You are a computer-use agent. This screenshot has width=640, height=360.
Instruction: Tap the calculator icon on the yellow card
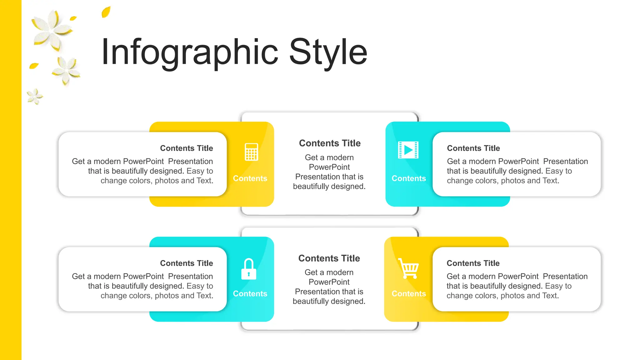(x=251, y=152)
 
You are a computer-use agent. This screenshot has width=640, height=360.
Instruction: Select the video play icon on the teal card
(x=408, y=150)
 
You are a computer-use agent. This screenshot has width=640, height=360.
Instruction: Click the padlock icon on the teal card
(x=249, y=269)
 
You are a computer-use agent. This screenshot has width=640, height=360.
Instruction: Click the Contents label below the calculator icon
(x=250, y=178)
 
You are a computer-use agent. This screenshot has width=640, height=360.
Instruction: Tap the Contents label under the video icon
(x=409, y=178)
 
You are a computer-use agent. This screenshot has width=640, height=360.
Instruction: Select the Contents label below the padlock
(x=250, y=294)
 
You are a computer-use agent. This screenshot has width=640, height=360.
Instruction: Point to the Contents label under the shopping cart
(x=409, y=294)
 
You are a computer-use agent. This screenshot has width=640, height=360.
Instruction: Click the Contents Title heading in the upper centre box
(x=330, y=143)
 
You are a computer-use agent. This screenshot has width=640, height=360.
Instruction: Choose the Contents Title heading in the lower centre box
(x=329, y=258)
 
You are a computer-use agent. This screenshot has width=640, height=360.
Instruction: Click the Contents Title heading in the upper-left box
(x=187, y=148)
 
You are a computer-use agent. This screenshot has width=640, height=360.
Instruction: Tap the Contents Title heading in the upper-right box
(x=473, y=148)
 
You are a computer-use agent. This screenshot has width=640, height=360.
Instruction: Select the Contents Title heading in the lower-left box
(x=187, y=263)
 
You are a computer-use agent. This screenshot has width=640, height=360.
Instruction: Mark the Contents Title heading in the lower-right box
(x=473, y=263)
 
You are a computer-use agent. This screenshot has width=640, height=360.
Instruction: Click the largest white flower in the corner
(x=52, y=30)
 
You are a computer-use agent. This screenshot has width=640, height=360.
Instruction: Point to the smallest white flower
(x=34, y=96)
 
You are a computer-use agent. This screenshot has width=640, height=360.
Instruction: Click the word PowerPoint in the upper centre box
(x=329, y=167)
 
